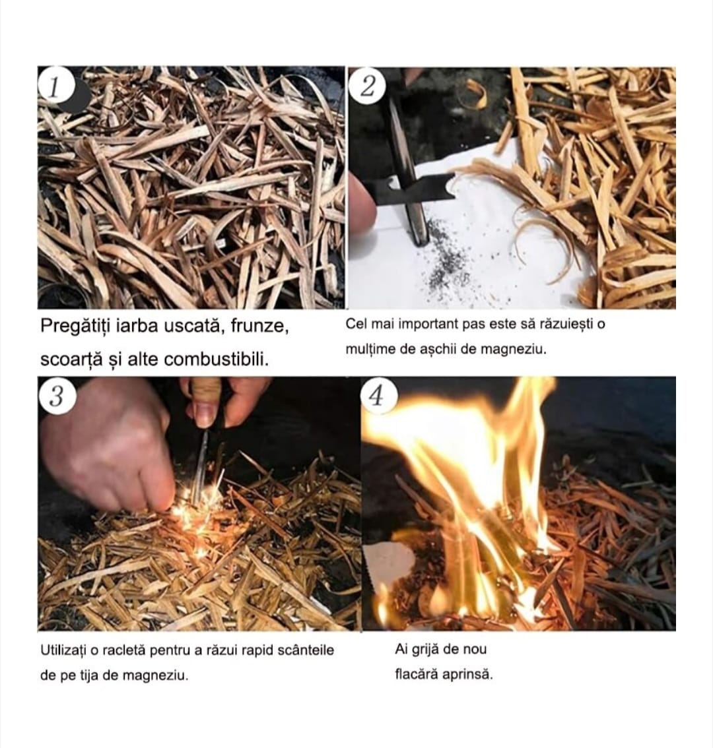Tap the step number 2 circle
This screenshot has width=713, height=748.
(x=367, y=86)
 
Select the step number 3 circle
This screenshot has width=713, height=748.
(x=57, y=396)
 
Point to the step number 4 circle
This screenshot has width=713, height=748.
(x=377, y=396)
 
